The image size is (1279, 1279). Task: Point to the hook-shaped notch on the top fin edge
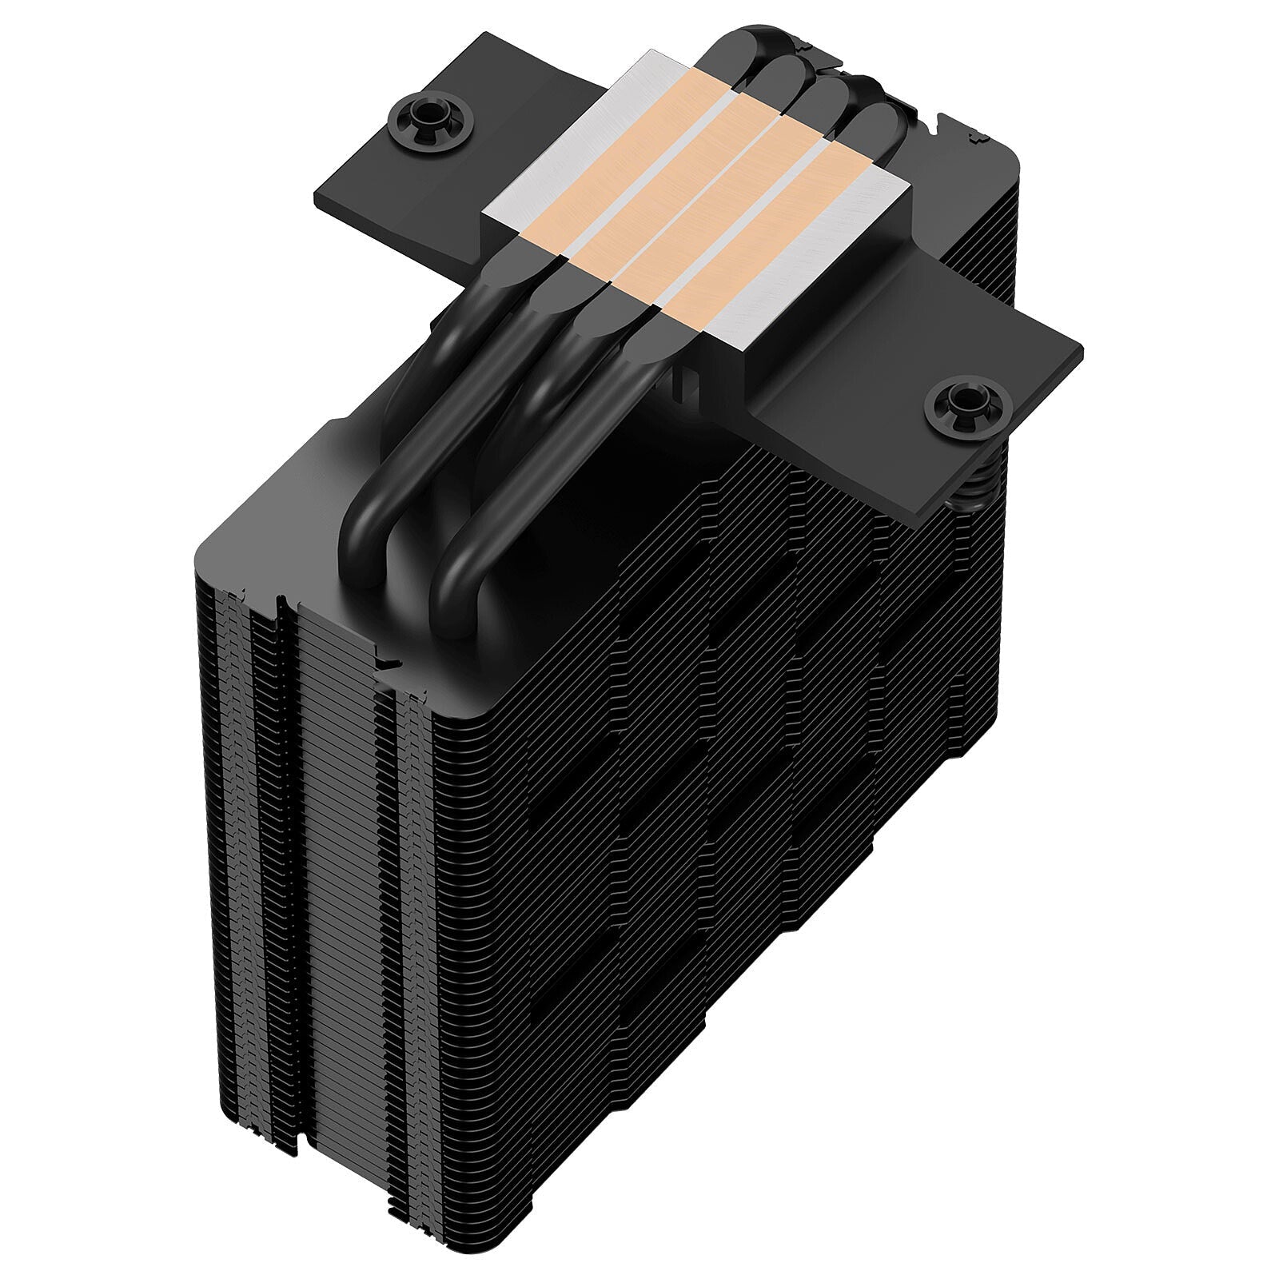coord(389,662)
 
